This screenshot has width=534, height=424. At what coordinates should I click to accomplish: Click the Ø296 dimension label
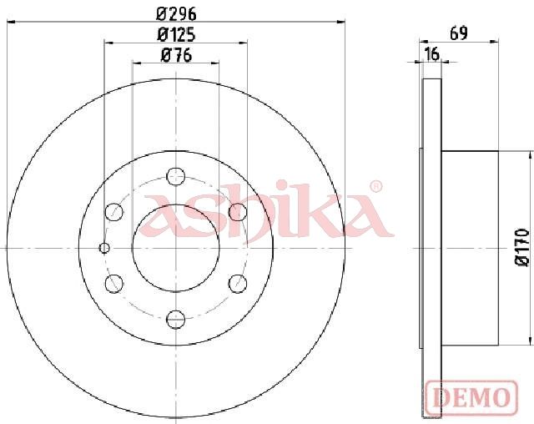pos(176,14)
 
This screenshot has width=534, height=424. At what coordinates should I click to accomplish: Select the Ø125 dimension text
pos(176,35)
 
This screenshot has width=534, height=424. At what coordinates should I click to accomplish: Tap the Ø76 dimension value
pos(176,56)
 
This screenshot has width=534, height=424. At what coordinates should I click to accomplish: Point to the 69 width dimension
pos(459,33)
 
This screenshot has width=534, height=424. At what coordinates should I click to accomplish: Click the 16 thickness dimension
pos(432,53)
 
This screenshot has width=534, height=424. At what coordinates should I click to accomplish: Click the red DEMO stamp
pos(472,397)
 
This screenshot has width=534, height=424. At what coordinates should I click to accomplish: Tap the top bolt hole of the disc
pos(175,177)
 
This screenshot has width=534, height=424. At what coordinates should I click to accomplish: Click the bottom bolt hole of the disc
pos(175,320)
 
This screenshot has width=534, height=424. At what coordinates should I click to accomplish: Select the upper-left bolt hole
pos(113,212)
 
